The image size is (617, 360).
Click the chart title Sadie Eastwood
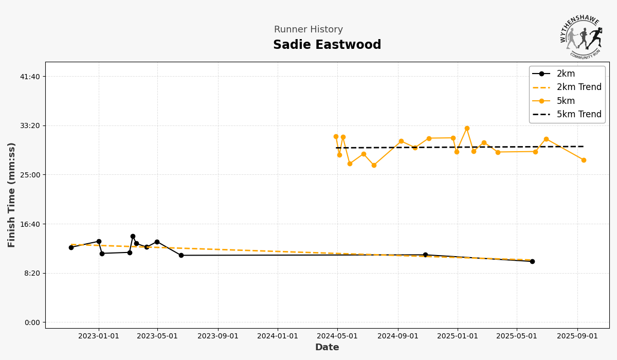click(327, 45)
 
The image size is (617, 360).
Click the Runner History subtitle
click(308, 30)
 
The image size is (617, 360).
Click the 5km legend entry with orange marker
click(566, 101)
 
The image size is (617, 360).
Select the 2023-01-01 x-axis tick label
click(99, 336)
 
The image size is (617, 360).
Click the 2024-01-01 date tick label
click(278, 336)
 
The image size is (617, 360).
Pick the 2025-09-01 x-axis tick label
click(577, 336)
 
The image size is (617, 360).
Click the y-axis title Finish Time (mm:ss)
click(12, 195)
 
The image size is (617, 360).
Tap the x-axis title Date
click(327, 348)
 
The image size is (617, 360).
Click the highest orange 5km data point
click(467, 129)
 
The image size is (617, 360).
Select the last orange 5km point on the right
click(584, 160)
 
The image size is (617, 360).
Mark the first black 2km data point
click(71, 247)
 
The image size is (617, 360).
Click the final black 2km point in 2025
click(532, 261)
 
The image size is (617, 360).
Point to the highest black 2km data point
click(133, 237)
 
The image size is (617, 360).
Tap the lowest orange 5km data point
click(374, 166)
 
